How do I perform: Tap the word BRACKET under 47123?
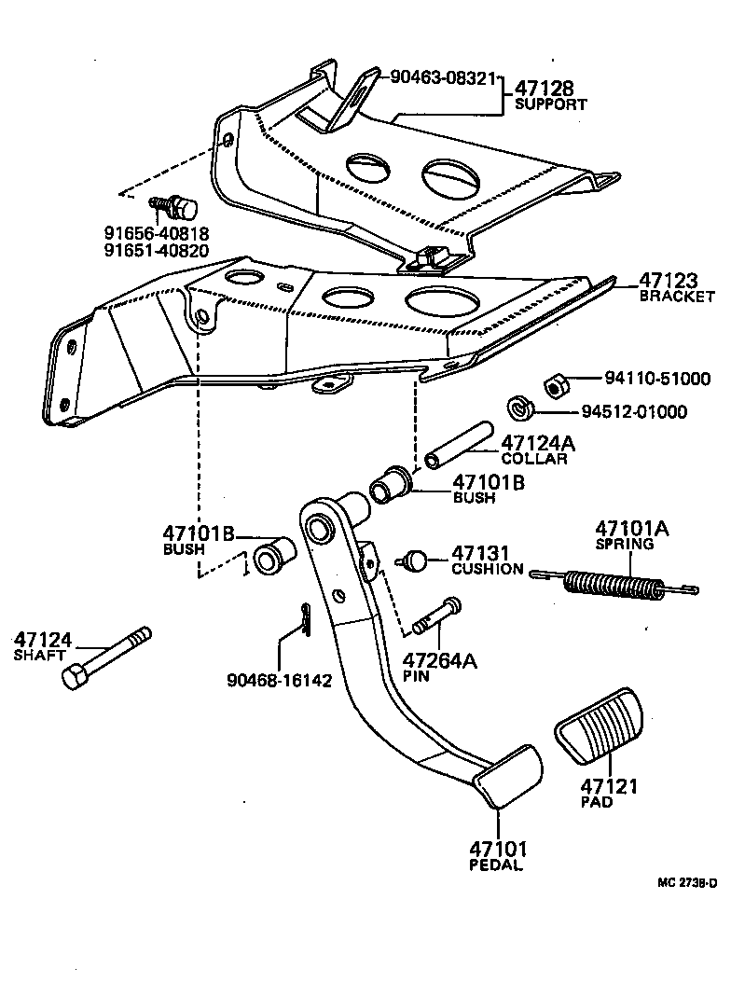[676, 297]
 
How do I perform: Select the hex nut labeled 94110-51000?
[552, 383]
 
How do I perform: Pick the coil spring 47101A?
[615, 585]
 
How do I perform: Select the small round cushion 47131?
[414, 560]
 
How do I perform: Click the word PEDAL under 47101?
[495, 865]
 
